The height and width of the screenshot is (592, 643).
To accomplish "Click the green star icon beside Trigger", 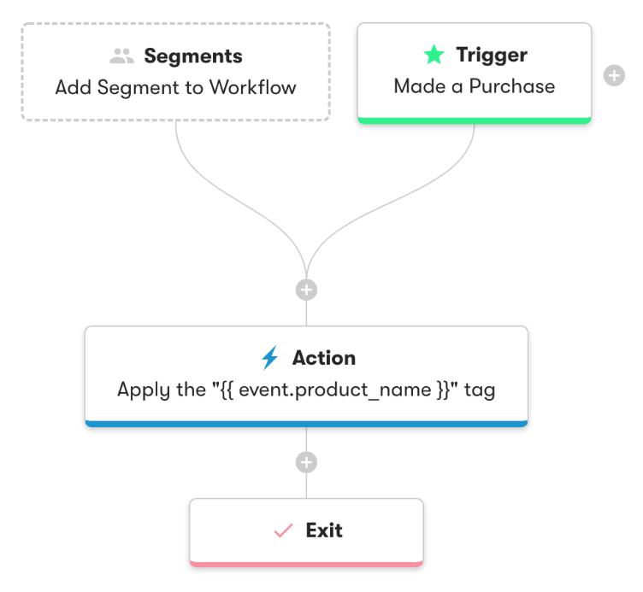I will point(434,56).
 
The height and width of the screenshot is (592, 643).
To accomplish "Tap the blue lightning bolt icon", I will point(270,357).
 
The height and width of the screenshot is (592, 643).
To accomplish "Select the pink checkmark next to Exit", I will point(283,530).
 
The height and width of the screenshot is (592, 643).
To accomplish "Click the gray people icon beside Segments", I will point(122,56).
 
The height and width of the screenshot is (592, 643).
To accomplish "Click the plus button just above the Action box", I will point(306,290).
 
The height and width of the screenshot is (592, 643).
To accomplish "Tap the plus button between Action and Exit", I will point(306,463).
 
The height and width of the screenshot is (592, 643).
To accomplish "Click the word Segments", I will point(193,56).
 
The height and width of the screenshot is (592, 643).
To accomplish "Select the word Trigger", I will point(492,56).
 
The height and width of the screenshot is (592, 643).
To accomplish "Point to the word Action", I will point(324,358).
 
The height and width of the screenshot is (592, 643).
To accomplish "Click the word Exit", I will point(324,530).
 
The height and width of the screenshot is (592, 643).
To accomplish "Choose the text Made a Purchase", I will point(475,86).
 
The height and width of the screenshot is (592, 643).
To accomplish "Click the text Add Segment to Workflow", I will point(176,87).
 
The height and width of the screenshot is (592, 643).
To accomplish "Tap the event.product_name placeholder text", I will point(345,390).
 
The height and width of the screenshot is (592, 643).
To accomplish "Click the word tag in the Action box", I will point(480,390).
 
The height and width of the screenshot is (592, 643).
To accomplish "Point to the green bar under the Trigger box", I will point(475,121).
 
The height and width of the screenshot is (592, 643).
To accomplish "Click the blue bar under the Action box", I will point(306,422).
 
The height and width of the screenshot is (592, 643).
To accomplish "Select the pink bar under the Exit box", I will point(306,563).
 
